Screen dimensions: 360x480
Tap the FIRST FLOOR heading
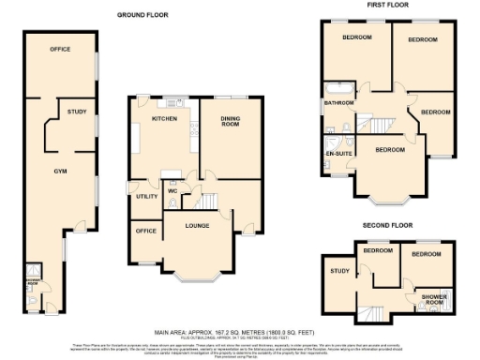(x=385, y=5)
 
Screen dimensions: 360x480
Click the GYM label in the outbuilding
(x=60, y=172)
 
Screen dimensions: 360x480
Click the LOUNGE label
(x=198, y=226)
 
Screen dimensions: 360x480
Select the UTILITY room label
(x=146, y=197)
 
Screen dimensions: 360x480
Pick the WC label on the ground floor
(x=172, y=192)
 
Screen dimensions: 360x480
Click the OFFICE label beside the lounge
(x=145, y=231)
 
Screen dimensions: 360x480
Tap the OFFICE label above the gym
(x=60, y=49)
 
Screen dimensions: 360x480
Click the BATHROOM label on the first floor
(x=337, y=102)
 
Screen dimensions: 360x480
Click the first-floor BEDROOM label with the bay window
(x=389, y=150)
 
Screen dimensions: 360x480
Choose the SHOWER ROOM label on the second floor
(x=433, y=299)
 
